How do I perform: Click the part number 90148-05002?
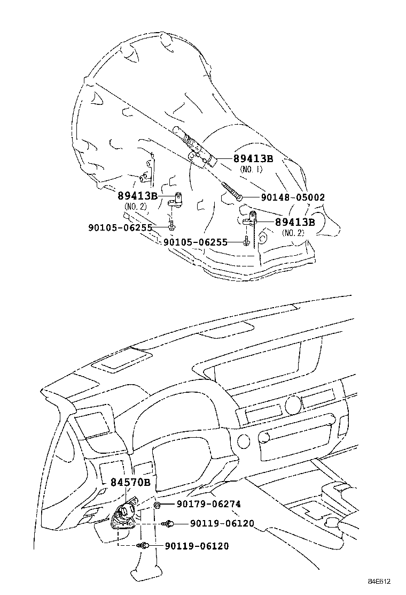click(x=293, y=197)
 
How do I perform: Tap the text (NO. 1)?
click(x=251, y=169)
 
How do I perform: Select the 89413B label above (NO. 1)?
click(x=253, y=159)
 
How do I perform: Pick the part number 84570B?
click(x=131, y=482)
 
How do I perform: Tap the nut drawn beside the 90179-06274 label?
click(x=158, y=505)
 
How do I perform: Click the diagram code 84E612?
click(x=379, y=581)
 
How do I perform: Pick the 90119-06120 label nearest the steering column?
click(x=197, y=546)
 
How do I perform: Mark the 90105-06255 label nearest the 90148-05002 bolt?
click(x=196, y=242)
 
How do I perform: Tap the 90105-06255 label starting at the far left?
click(x=120, y=227)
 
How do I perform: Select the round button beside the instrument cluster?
click(x=243, y=441)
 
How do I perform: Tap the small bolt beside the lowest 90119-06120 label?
click(x=143, y=545)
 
